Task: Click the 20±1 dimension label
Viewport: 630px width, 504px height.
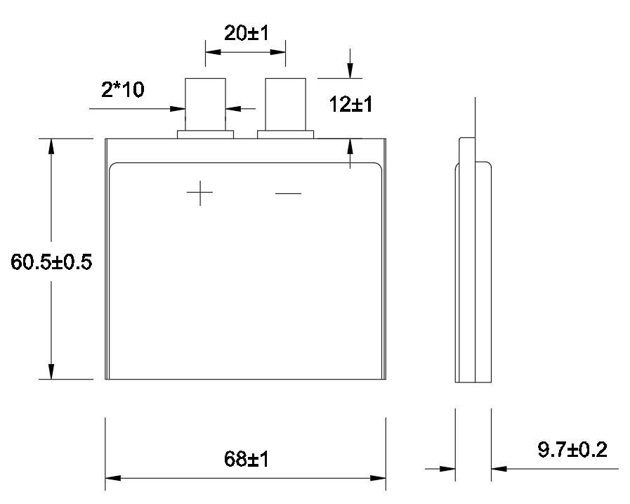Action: coord(247,33)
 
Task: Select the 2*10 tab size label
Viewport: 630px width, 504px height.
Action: coord(122,89)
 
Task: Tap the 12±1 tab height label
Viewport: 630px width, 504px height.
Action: coord(350,104)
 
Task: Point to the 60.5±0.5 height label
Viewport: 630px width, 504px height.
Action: coord(51,262)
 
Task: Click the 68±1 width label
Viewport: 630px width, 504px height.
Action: coord(247,459)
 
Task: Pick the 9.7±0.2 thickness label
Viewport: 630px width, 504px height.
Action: coord(572,449)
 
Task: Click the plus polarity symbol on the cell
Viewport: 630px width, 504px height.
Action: coord(199,193)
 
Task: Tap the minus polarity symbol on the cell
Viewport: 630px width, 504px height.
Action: coord(288,193)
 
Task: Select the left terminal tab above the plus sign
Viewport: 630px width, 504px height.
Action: coord(205,104)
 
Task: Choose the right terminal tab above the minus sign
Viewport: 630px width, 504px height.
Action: coord(286,104)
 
